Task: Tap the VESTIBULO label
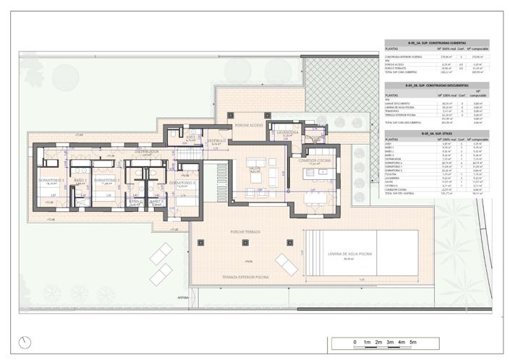217,140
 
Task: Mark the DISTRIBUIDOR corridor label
147,153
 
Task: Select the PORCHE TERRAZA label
245,232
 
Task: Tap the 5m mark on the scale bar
415,341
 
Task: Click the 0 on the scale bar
354,341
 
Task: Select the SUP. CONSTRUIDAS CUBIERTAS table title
436,43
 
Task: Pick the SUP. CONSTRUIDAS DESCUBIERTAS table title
436,85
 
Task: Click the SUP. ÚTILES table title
436,133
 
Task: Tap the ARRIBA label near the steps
182,296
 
